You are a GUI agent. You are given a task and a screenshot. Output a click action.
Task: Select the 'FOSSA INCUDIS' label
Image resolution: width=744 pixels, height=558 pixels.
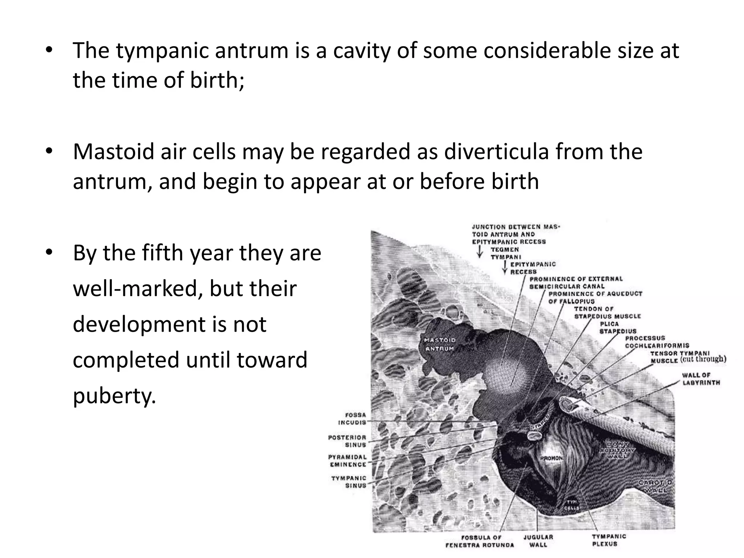(x=352, y=418)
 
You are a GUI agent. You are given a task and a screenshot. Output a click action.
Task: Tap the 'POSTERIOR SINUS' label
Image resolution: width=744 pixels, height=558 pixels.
(x=347, y=441)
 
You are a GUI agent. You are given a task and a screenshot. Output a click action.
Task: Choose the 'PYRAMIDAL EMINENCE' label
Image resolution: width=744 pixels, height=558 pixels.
(x=348, y=461)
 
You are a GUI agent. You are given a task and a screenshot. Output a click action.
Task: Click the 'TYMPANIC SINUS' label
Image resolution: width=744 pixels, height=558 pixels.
(x=349, y=482)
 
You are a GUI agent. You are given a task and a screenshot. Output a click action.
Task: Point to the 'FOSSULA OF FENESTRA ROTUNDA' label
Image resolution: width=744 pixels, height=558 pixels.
(x=480, y=541)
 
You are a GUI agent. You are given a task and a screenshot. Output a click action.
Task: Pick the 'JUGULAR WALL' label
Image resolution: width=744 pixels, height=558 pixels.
(x=538, y=541)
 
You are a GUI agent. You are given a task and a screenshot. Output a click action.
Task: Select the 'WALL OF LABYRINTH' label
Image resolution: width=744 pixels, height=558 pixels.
(x=701, y=379)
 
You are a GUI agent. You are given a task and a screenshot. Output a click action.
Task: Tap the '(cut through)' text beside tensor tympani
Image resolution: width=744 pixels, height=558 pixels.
(x=703, y=359)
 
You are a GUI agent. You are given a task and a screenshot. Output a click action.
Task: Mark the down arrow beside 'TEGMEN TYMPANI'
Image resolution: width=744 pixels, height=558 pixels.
(x=480, y=251)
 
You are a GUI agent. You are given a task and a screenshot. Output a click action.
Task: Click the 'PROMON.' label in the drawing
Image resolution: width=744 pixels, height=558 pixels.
(x=551, y=458)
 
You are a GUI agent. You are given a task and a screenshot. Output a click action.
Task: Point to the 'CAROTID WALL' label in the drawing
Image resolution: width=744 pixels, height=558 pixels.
(x=655, y=486)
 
